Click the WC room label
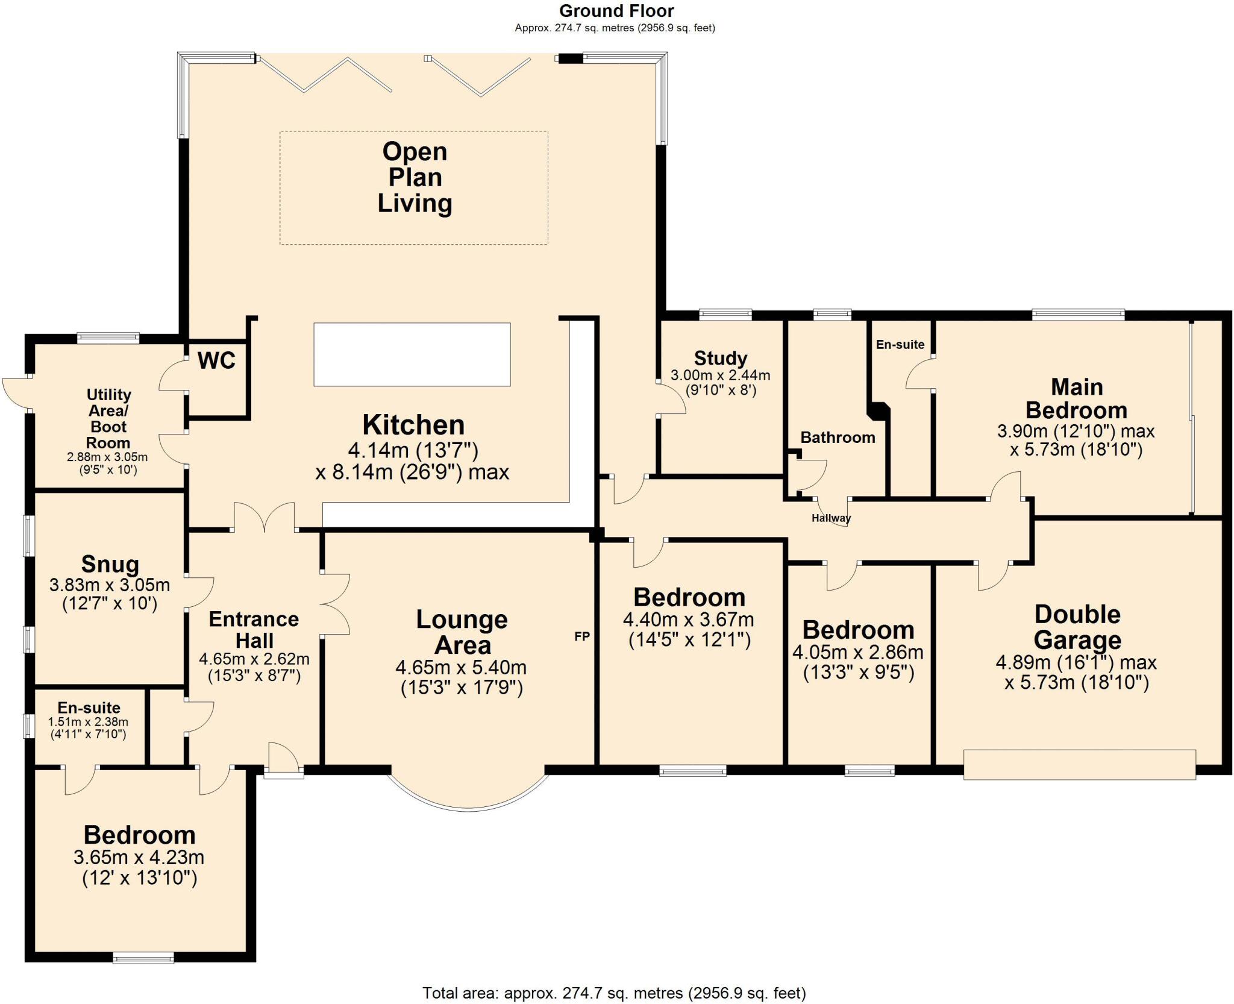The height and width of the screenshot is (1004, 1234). click(216, 360)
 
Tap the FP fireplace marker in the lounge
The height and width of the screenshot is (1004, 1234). click(581, 636)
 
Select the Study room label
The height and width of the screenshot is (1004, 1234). click(721, 358)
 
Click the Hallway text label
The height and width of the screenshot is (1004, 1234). click(831, 518)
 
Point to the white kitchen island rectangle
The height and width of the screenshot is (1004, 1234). click(412, 354)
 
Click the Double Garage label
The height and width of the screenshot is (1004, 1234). click(1077, 627)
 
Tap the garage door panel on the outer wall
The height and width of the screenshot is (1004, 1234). click(1079, 764)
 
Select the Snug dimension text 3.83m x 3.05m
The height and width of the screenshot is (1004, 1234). click(110, 585)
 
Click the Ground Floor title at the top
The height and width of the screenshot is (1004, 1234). click(616, 11)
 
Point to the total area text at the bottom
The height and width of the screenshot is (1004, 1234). click(614, 993)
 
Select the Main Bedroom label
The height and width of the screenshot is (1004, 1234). click(1076, 398)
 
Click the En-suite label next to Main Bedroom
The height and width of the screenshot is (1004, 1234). click(900, 344)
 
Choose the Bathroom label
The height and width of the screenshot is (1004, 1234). click(838, 438)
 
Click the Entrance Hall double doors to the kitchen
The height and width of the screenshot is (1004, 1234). click(265, 518)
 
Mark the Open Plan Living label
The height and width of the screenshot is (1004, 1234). click(415, 177)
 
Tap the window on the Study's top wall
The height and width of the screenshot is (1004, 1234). click(725, 313)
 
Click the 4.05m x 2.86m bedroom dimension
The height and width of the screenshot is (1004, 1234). click(857, 652)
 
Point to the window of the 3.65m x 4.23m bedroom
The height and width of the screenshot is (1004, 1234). click(143, 957)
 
